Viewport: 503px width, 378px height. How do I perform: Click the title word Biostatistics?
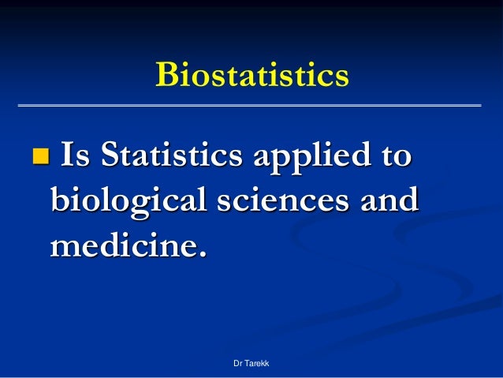point(251,76)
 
